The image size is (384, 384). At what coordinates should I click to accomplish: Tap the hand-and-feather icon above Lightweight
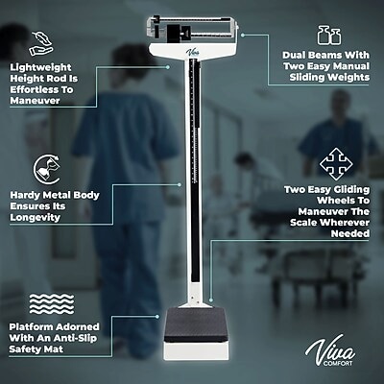point(42,40)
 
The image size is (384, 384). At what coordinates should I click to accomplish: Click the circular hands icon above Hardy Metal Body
point(42,162)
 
